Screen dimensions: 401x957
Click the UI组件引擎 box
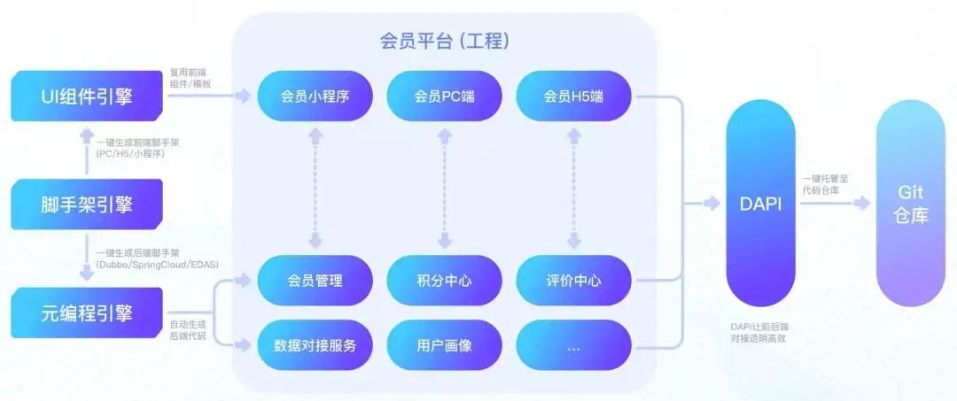[87, 97]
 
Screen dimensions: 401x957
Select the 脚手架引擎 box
[87, 204]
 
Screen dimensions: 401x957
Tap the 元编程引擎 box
[87, 311]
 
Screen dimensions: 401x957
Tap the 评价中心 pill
[572, 281]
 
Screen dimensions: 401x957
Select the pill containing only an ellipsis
[572, 344]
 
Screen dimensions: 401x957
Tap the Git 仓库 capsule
[911, 204]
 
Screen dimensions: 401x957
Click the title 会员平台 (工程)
[444, 42]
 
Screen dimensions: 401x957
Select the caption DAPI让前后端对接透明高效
[759, 332]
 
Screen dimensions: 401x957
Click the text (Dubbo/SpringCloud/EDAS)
[157, 265]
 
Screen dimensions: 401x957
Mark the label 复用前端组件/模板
[191, 78]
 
